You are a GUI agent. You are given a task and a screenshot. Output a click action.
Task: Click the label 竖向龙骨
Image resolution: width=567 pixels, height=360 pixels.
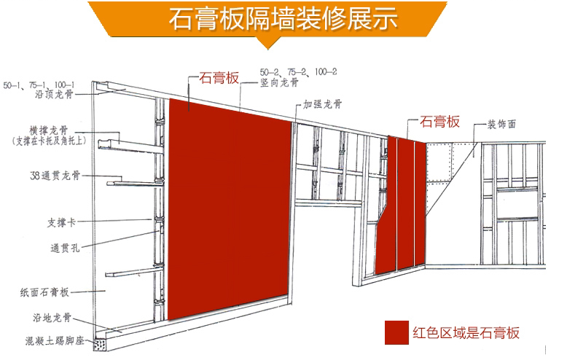point(280,83)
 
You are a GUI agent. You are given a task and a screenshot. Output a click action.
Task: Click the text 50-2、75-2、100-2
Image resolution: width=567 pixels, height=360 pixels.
point(298,71)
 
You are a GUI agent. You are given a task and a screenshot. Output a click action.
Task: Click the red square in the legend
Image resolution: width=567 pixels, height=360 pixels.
point(397,332)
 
